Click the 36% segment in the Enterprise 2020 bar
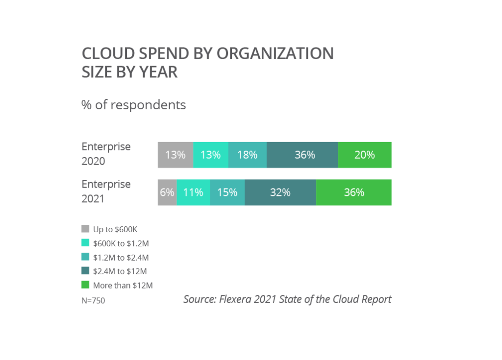302,155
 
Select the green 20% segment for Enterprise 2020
365,155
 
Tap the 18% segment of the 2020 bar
247,155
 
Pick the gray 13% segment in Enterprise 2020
175,155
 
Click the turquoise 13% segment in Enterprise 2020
210,155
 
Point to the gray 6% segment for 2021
167,192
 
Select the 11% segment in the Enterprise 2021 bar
193,192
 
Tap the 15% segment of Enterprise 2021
227,192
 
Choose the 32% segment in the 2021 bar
280,192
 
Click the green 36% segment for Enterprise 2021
353,192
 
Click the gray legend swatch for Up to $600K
85,229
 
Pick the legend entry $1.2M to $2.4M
120,257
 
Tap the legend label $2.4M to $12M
120,271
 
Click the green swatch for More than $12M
85,285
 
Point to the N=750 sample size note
93,301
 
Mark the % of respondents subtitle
133,105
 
